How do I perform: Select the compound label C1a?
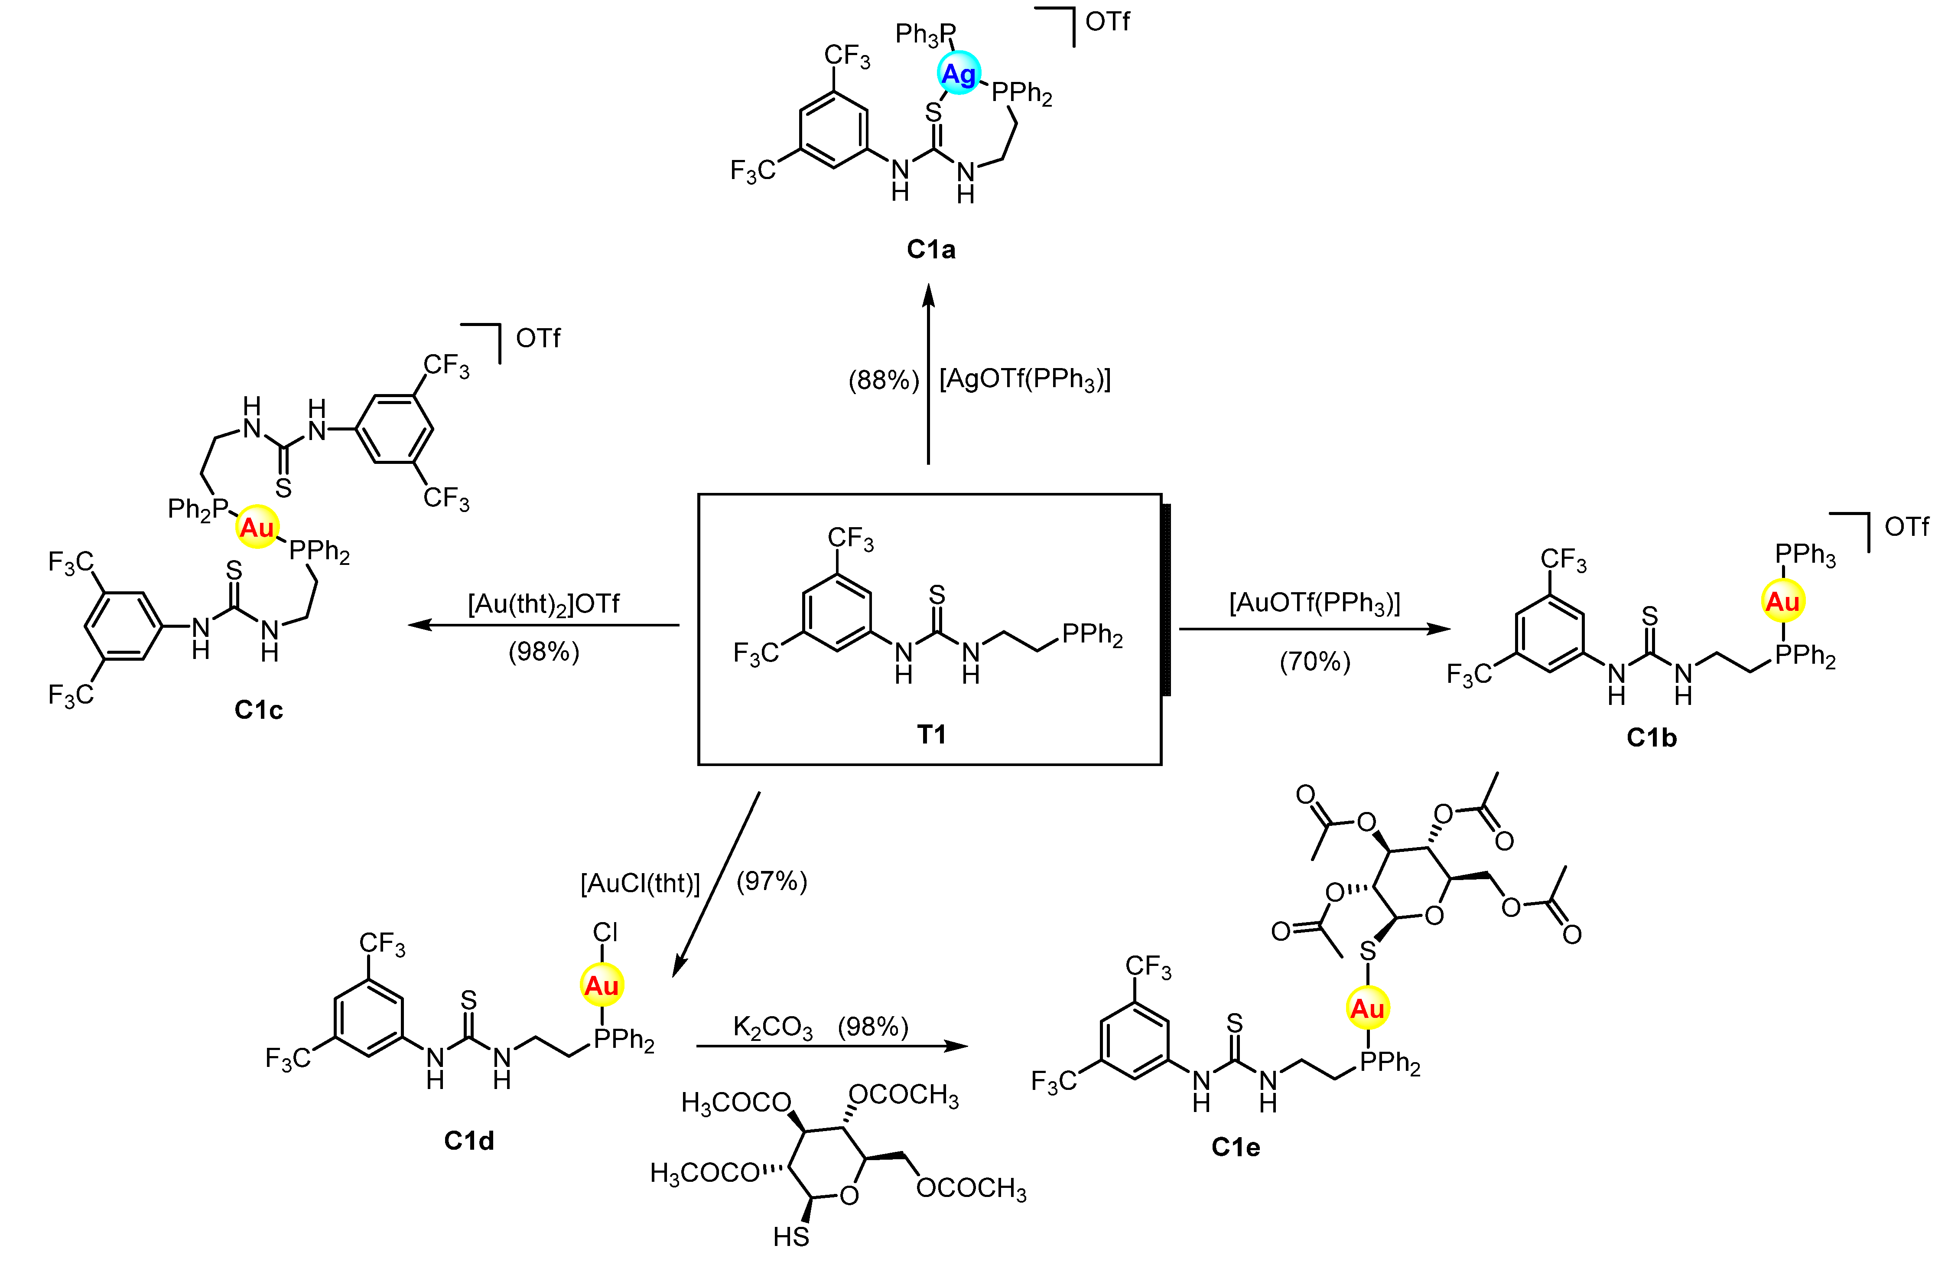tap(930, 249)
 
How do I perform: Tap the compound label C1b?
tap(1651, 738)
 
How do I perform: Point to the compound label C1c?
tap(259, 709)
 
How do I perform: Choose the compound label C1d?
tap(469, 1140)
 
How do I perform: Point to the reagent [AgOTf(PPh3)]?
tap(1025, 380)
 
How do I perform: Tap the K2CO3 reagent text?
tap(773, 1027)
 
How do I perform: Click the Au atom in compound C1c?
tap(257, 527)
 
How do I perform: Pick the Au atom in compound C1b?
tap(1782, 602)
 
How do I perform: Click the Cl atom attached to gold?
tap(605, 932)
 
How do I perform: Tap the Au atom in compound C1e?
tap(1367, 1009)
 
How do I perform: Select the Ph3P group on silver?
tap(925, 34)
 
